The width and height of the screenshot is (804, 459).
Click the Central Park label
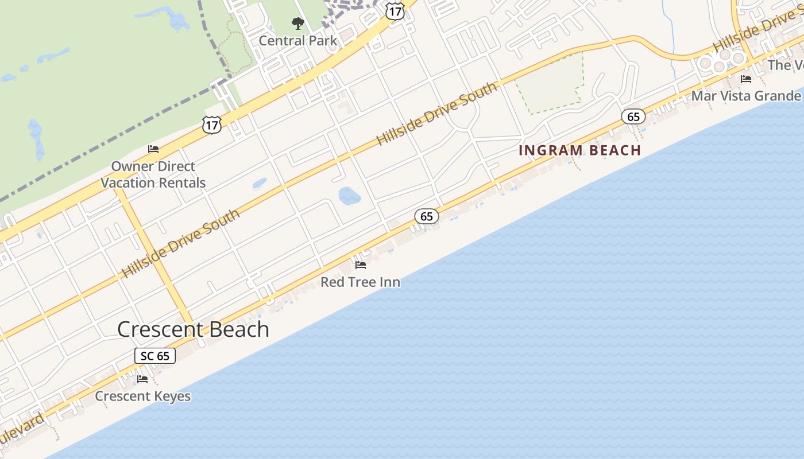[298, 41]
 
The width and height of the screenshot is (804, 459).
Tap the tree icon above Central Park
[297, 24]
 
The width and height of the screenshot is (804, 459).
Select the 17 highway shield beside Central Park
[395, 10]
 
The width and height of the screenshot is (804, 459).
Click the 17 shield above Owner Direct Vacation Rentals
[211, 124]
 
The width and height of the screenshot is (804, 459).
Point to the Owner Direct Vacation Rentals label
[153, 174]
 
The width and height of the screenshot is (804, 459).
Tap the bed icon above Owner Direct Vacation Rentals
[153, 149]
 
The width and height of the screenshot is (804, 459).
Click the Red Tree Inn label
[360, 282]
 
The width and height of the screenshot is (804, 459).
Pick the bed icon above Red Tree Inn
[361, 265]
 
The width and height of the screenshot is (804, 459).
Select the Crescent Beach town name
[193, 329]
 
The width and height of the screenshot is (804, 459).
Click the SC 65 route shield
[155, 356]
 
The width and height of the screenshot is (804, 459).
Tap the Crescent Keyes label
[142, 396]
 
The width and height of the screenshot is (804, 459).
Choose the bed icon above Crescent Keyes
[142, 379]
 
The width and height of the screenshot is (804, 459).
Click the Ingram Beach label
[579, 150]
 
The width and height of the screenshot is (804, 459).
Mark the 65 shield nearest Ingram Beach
[633, 117]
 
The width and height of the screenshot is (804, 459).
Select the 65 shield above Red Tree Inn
[426, 216]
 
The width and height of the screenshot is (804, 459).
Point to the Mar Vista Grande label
[745, 95]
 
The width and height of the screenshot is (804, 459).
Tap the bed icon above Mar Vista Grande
[746, 79]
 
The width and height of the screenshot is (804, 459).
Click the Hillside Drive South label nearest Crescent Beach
[181, 244]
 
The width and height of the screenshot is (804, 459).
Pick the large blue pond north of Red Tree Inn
[349, 196]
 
